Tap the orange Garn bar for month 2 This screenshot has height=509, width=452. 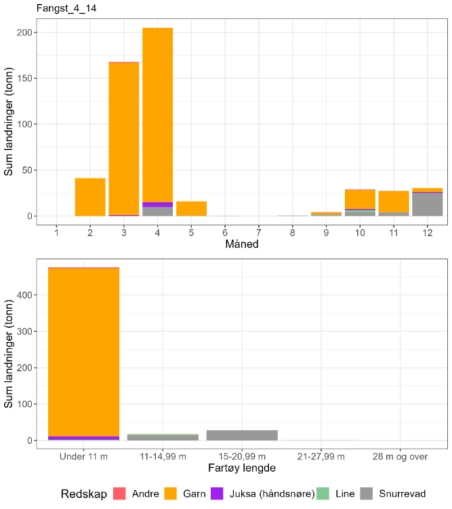(x=90, y=197)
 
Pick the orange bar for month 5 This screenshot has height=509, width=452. (x=191, y=208)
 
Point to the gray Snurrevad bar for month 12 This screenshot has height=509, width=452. (x=427, y=204)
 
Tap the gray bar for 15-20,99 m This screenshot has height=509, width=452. (x=242, y=435)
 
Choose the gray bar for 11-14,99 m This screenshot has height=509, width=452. (x=163, y=438)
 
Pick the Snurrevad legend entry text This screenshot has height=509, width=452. (x=401, y=493)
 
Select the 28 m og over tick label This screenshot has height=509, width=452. (x=400, y=456)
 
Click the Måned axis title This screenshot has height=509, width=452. (x=241, y=244)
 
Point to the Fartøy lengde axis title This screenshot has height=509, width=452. (x=241, y=468)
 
